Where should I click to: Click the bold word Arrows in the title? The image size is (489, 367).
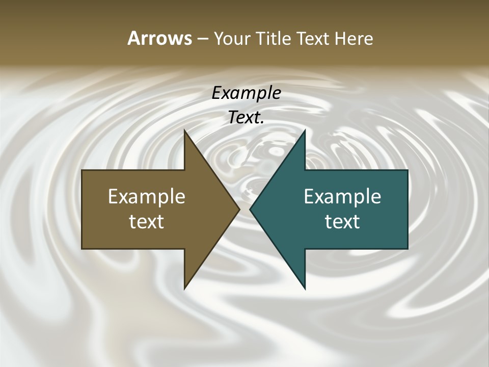159,39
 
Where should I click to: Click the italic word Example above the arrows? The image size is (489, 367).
246,93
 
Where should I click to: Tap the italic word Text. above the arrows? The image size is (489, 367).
246,118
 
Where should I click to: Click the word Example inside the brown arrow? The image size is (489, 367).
147,196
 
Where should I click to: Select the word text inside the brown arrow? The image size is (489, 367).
147,222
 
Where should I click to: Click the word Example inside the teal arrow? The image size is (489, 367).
342,196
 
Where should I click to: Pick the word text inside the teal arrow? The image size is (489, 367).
342,222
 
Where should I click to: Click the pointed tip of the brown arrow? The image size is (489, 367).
239,209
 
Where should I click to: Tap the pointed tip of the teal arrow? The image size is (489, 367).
250,209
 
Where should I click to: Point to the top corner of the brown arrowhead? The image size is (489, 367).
184,130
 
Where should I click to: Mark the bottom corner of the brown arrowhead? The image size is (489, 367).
184,289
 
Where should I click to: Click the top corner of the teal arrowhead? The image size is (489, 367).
305,130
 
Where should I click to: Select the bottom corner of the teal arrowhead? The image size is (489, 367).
305,289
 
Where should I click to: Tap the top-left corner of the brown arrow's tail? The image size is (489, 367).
82,170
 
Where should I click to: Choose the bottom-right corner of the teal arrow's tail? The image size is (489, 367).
407,249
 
